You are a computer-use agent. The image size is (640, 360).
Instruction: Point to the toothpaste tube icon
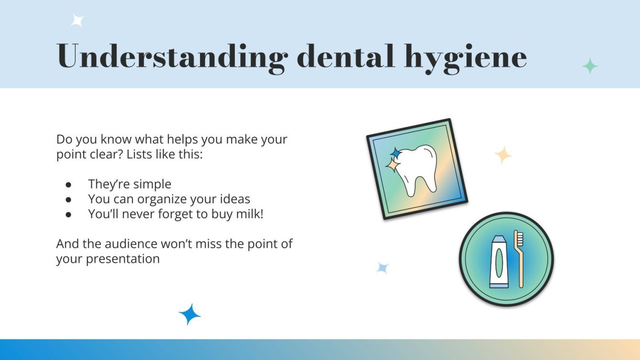[499, 262]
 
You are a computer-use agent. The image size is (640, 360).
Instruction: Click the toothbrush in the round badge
[519, 258]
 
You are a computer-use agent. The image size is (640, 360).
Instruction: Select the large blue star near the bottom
[189, 314]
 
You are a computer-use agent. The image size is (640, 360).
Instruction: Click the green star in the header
[590, 66]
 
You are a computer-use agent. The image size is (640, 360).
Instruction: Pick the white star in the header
[77, 21]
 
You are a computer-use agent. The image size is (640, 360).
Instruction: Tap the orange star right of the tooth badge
[503, 155]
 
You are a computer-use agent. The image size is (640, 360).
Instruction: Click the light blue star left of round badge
[382, 268]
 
